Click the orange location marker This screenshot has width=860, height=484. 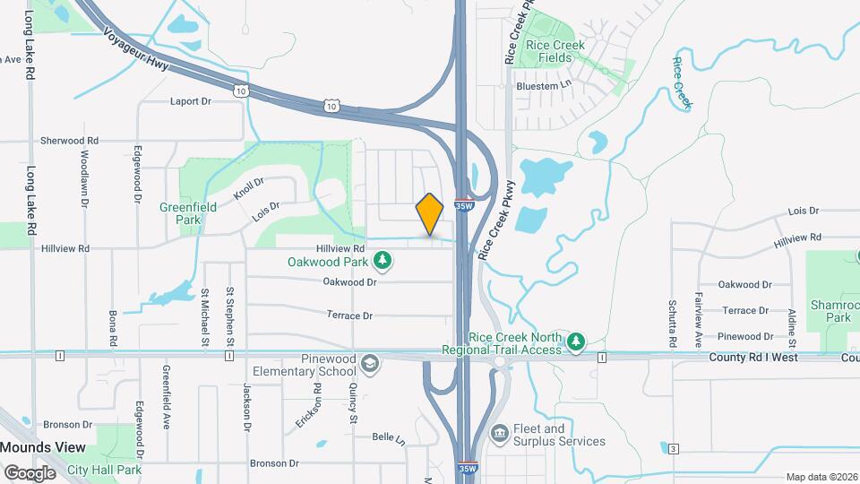pos(430,214)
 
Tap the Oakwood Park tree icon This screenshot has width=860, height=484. pos(383,261)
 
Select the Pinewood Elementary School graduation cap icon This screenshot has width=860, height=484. pos(370,363)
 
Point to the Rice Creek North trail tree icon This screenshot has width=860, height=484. pos(577,341)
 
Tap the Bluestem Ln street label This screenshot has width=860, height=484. pos(544,85)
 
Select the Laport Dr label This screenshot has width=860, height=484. pos(190,101)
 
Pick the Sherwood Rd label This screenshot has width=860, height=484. pos(69,141)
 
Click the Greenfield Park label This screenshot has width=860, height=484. pos(180,212)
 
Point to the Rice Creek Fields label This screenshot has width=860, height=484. pos(555,51)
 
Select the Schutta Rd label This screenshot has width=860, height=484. pos(672,324)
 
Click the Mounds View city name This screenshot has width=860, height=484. pos(43,447)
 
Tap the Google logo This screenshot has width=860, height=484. pos(29,472)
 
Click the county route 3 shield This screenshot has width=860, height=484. pos(673,448)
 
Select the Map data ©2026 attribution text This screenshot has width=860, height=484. pos(820,477)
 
